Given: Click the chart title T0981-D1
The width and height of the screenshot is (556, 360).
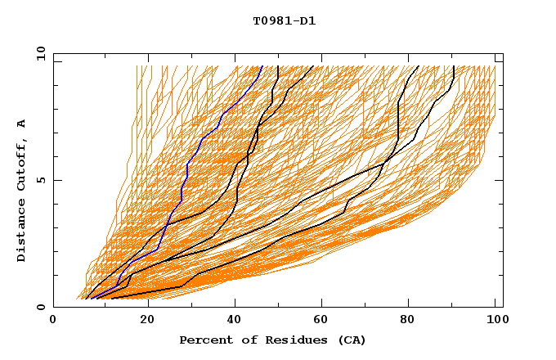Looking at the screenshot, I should (284, 20).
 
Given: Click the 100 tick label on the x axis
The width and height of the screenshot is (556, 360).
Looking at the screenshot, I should (495, 320).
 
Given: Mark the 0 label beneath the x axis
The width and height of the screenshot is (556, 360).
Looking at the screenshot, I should (53, 320).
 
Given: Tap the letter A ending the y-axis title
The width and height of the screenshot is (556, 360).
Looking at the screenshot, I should (21, 124).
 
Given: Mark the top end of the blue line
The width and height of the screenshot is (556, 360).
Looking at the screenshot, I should (262, 67).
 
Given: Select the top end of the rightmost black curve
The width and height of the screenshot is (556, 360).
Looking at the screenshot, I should (453, 67).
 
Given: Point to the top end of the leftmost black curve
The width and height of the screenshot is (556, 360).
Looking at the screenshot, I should (278, 67).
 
